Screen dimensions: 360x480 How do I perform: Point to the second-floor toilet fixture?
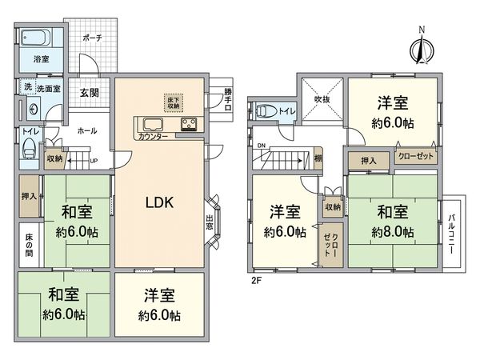pos(270,111)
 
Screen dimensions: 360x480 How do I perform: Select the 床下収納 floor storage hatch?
pos(174,102)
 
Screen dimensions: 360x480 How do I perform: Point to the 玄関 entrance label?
pos(89,93)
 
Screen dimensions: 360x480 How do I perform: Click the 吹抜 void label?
pos(322,99)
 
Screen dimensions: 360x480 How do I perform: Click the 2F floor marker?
pos(257,281)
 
